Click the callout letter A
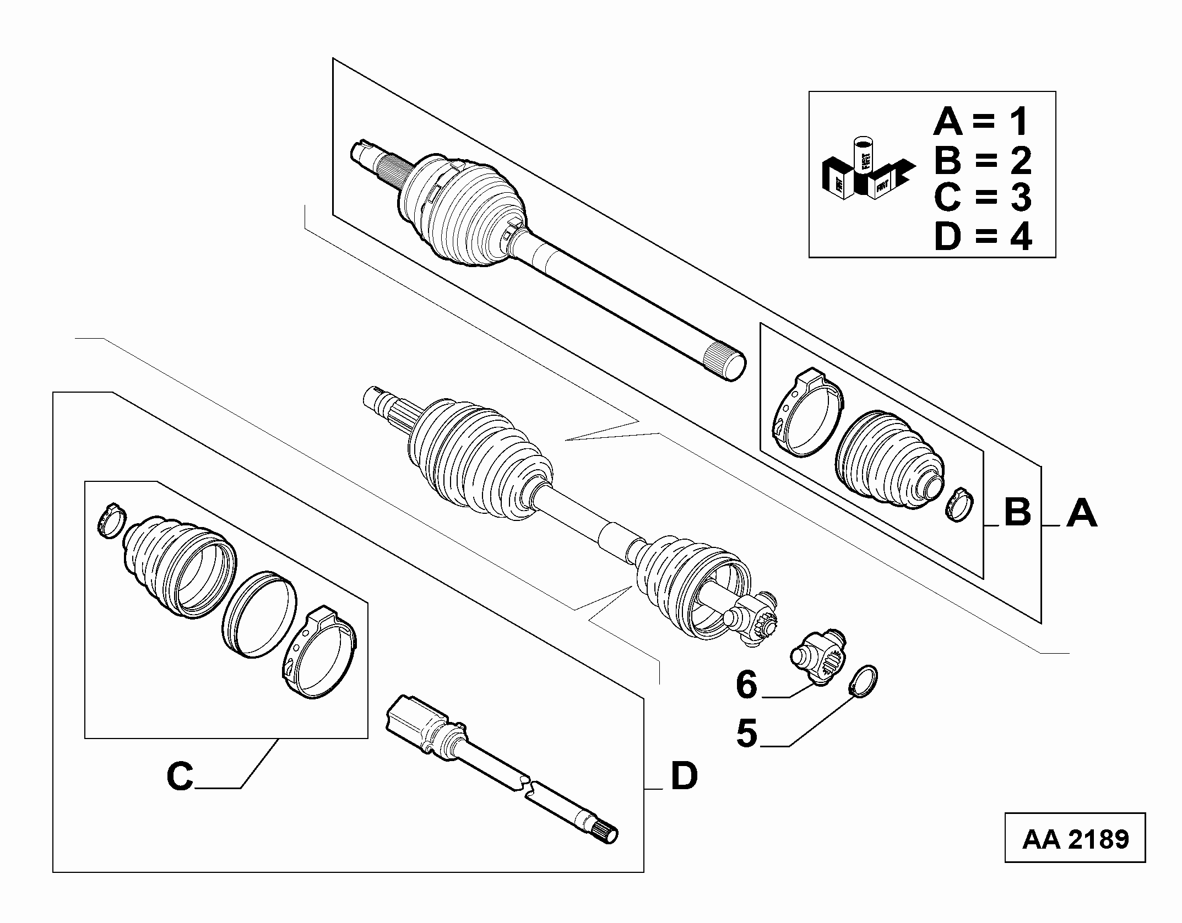click(1082, 513)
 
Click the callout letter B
click(1017, 513)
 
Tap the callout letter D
click(684, 775)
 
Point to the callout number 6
click(747, 685)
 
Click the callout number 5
click(747, 733)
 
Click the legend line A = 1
click(981, 122)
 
